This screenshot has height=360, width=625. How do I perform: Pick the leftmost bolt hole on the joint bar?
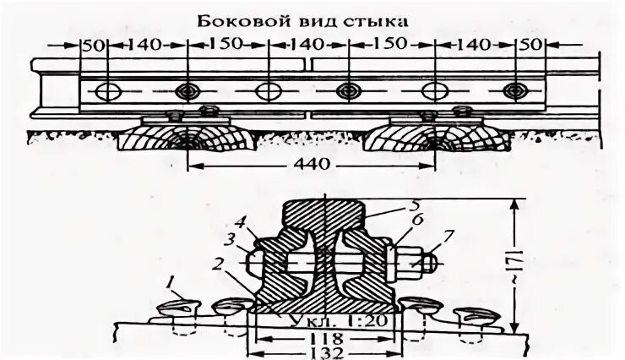(x=108, y=90)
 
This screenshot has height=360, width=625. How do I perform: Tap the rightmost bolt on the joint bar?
(x=511, y=90)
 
